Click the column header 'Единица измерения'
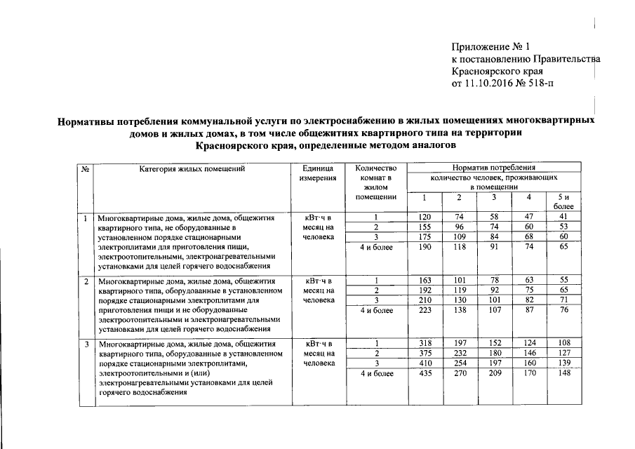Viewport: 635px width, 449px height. click(318, 173)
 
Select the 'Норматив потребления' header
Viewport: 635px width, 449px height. click(493, 168)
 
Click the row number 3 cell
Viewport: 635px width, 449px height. click(85, 344)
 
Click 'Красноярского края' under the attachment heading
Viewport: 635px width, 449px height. click(496, 72)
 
